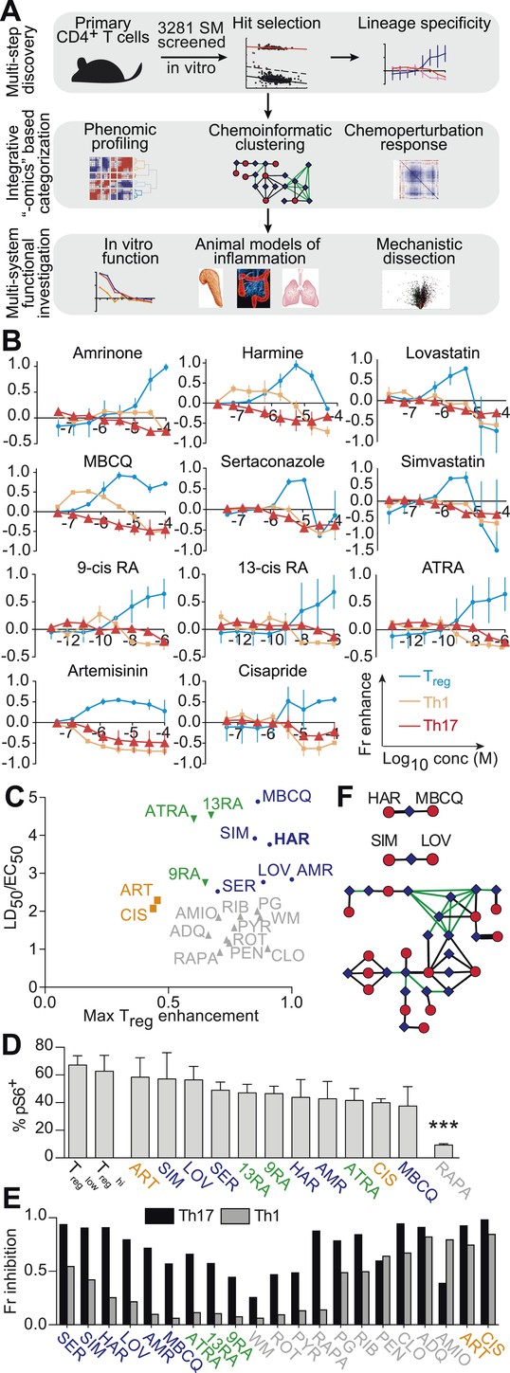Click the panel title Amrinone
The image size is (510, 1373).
coord(107,353)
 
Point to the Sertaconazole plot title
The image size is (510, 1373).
coord(273,461)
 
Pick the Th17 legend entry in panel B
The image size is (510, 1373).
coord(440,727)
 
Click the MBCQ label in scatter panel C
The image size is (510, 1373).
coord(287,797)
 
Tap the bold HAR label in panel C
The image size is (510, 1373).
coord(292,840)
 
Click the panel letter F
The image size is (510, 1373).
coord(346,798)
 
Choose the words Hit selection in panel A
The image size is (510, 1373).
coord(277,24)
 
